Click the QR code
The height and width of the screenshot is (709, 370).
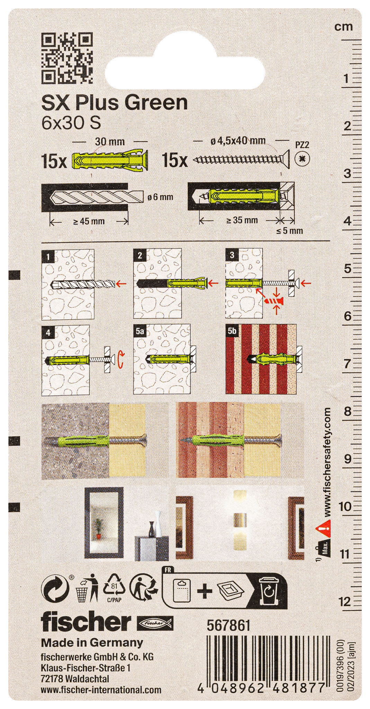click(67, 58)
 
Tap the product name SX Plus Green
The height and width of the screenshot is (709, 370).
click(115, 103)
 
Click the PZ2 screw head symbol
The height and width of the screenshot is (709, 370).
click(302, 159)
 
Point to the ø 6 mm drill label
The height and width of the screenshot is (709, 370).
click(160, 197)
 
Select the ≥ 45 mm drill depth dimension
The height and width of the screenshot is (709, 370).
click(89, 221)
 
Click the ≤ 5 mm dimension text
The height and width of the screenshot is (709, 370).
click(289, 231)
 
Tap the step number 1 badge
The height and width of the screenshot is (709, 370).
click(48, 257)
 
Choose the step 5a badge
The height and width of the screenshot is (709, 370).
click(140, 331)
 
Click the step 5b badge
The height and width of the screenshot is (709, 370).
click(232, 331)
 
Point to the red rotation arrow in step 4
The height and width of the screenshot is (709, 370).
click(120, 359)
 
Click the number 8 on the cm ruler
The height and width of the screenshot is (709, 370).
click(347, 411)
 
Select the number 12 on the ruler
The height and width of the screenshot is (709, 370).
click(345, 602)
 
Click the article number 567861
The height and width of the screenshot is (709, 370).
click(228, 626)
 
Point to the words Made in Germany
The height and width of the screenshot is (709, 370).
click(92, 643)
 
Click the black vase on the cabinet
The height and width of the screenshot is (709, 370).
click(152, 529)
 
